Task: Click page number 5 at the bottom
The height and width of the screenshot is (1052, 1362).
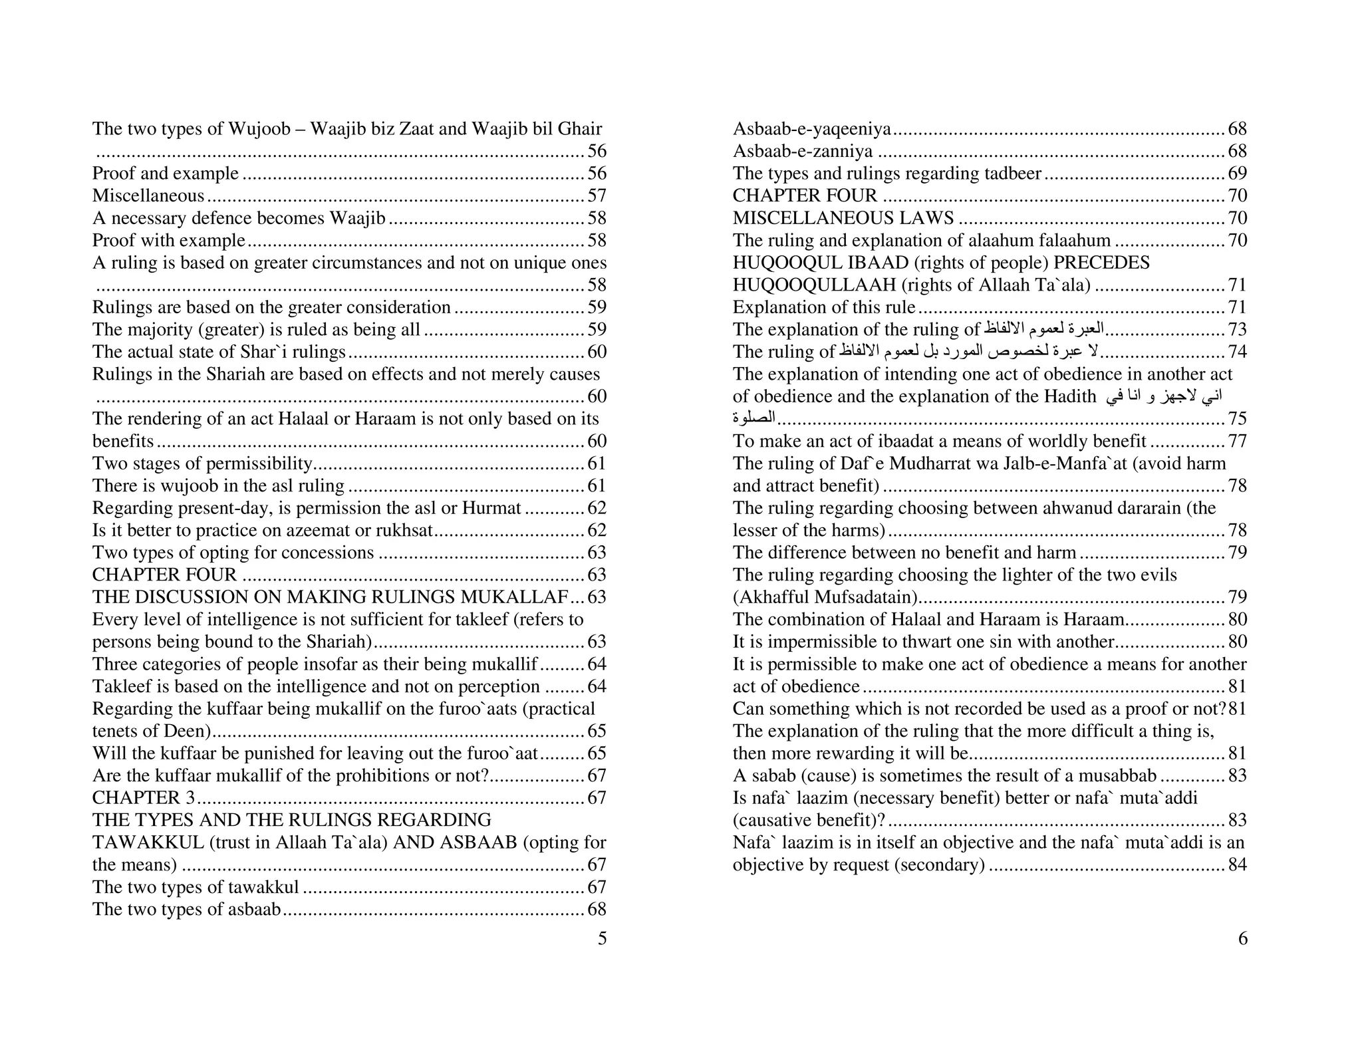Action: [x=602, y=938]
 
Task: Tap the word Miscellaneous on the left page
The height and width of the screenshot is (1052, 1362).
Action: [x=148, y=196]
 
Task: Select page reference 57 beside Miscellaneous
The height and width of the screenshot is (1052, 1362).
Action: [x=597, y=196]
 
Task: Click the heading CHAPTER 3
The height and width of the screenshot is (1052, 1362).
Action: [x=144, y=797]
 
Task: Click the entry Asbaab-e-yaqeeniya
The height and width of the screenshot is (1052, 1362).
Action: [x=811, y=128]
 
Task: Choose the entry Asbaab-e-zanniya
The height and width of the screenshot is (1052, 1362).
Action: [x=802, y=151]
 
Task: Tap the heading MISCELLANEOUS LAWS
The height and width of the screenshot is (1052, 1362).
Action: [x=843, y=218]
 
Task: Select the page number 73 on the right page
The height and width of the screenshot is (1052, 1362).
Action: [x=1237, y=330]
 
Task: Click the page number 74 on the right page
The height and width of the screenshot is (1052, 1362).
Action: [x=1237, y=352]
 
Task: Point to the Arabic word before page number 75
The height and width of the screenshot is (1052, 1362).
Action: [x=754, y=418]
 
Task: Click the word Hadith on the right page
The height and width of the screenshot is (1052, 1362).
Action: [x=1069, y=396]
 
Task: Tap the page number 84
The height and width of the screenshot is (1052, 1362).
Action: [x=1237, y=864]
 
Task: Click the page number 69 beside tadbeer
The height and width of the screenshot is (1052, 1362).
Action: [x=1237, y=174]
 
